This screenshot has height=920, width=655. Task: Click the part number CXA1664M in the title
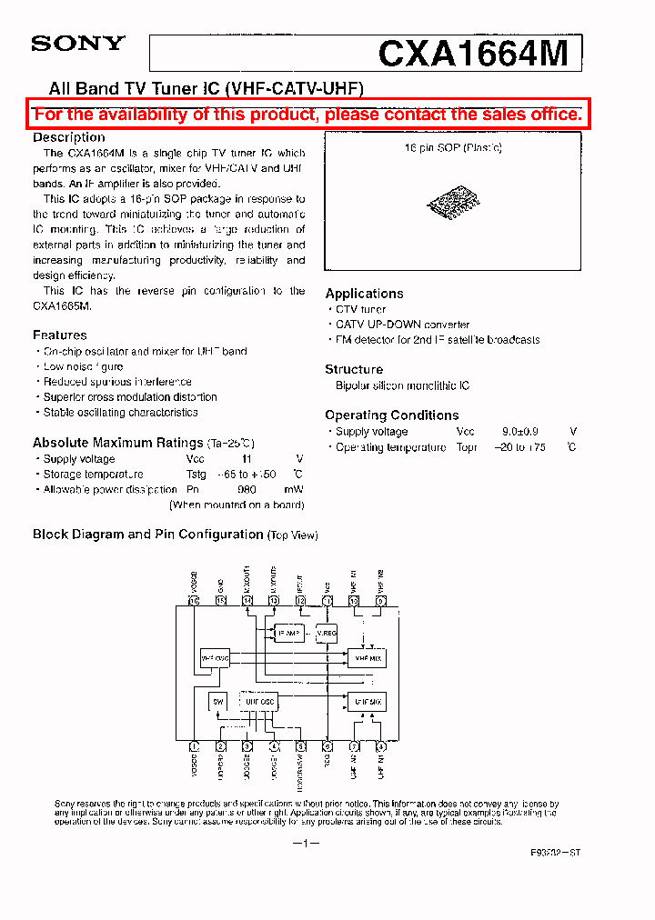472,54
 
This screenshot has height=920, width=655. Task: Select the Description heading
69,137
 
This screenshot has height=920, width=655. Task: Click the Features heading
60,335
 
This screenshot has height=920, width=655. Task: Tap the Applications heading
364,294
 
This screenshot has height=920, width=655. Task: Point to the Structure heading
354,369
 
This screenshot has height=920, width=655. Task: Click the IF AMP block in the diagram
287,634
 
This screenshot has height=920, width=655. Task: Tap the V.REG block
327,634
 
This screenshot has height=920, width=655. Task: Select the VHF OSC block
215,657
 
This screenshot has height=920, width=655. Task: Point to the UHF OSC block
259,701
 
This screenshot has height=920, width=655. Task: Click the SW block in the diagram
217,701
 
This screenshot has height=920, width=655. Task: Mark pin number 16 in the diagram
194,600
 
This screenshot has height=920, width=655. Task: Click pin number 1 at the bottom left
194,746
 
